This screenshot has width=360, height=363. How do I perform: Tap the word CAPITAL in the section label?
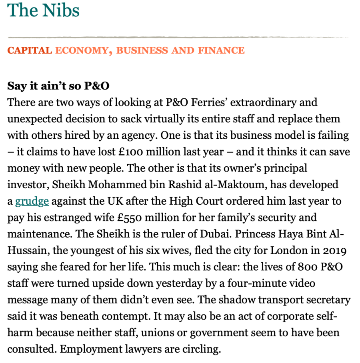[30, 50]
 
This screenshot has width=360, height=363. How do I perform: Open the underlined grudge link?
[32, 201]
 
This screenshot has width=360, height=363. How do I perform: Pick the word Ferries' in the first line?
[210, 103]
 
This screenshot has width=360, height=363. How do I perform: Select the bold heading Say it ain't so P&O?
[59, 86]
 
